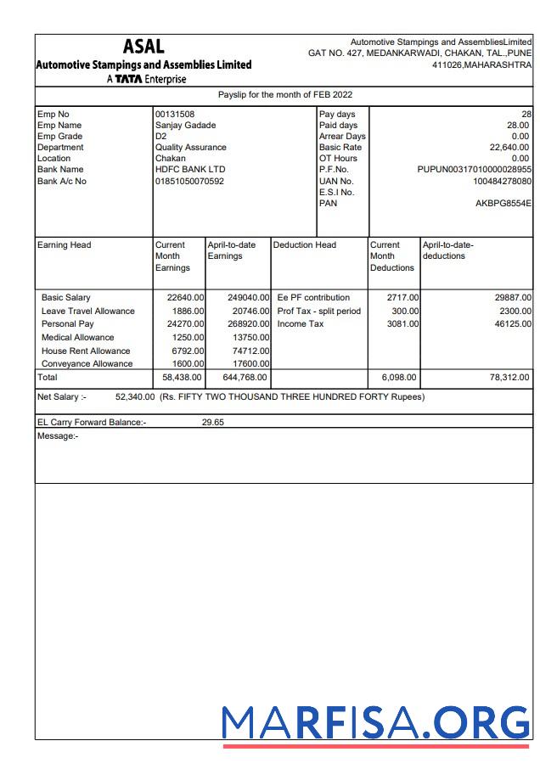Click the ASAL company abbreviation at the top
143,47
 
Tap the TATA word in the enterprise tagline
128,80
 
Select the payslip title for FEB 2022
285,95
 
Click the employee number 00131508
174,114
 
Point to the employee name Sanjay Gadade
186,126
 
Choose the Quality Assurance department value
190,148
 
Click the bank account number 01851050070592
189,181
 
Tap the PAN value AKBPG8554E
503,204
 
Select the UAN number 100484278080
503,181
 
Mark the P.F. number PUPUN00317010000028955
475,170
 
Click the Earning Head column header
65,245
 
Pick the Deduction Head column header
304,245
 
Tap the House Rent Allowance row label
86,351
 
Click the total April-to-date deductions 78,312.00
509,378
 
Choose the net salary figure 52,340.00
134,396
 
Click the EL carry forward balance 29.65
212,422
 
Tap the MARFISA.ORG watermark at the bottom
375,722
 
